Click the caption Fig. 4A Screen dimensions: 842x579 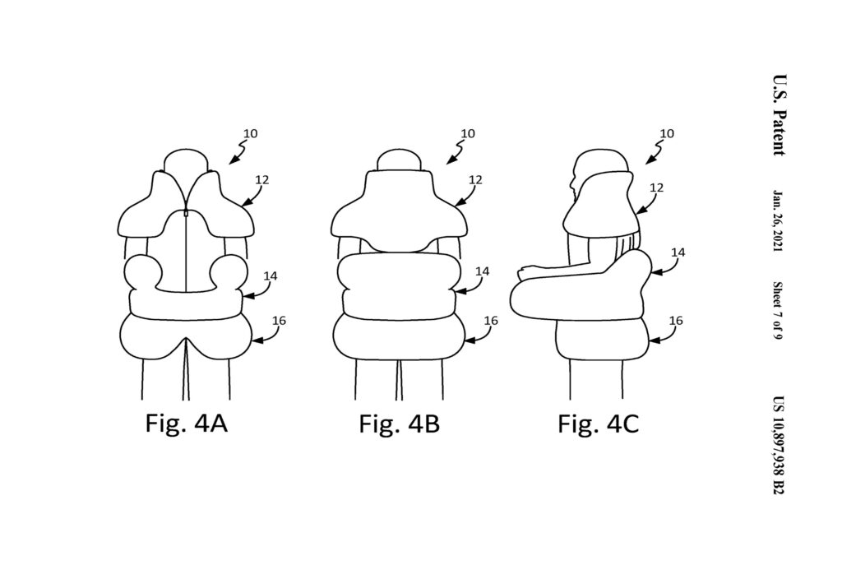coord(187,424)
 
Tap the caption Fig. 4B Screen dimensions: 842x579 coord(400,424)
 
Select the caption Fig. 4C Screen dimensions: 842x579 coord(599,424)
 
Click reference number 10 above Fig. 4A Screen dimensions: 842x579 coord(250,133)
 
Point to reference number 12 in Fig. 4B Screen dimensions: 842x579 coord(475,180)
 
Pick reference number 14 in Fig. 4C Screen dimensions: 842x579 coord(678,252)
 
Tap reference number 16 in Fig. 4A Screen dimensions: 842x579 coord(279,321)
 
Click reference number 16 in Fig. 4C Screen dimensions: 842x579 coord(676,321)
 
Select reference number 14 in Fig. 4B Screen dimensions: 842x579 coord(482,271)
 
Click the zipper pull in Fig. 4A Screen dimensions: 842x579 coord(187,213)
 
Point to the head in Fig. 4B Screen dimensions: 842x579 coord(399,160)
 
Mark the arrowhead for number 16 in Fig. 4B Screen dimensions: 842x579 coord(468,340)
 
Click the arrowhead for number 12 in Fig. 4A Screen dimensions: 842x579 coord(245,203)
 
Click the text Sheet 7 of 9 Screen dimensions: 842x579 coord(779,310)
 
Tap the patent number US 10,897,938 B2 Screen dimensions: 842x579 coord(779,445)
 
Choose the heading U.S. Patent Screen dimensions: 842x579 coord(780,115)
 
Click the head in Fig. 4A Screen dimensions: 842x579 coord(185,160)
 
